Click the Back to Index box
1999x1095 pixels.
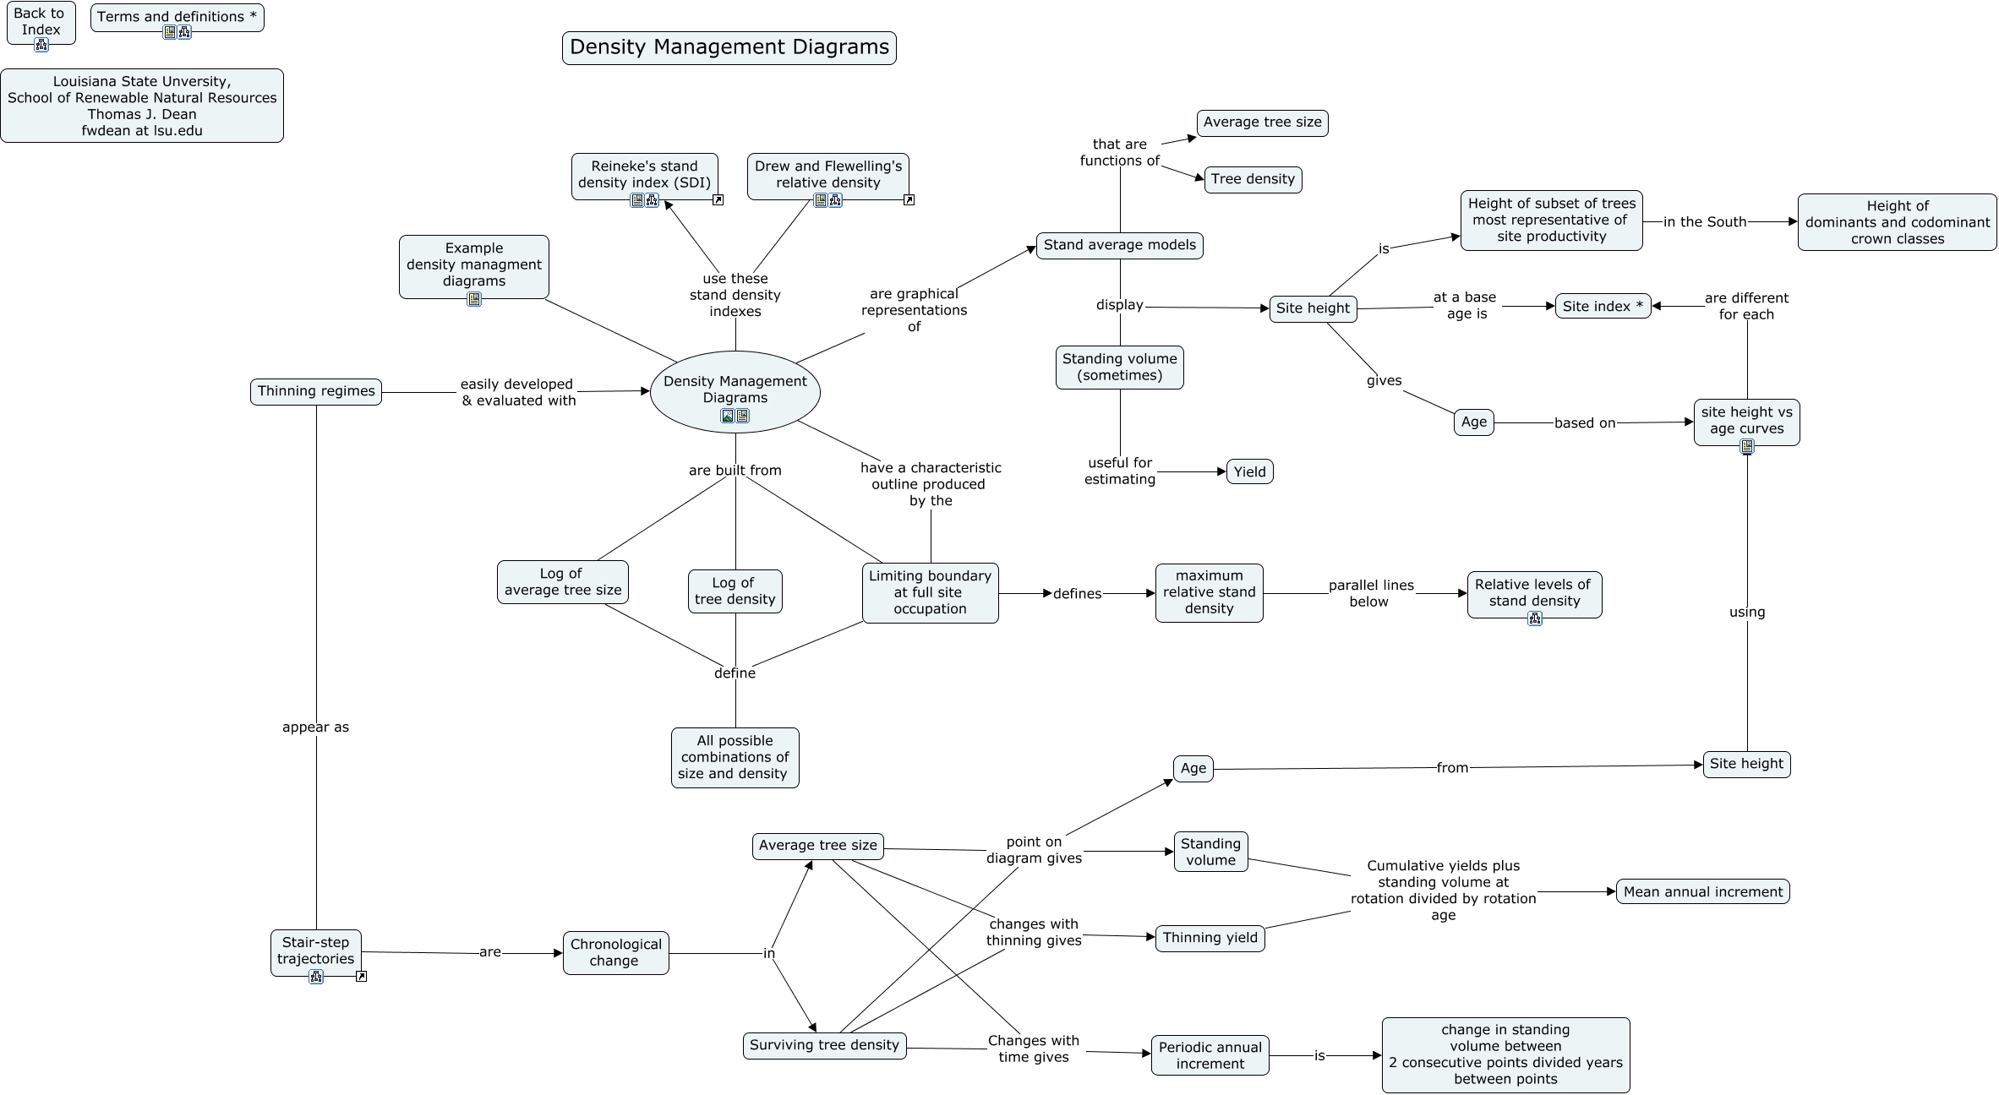(41, 21)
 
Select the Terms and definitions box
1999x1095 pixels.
(177, 16)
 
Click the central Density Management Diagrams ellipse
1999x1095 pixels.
(735, 390)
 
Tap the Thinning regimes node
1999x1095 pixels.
(316, 391)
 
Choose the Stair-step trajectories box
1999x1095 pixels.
(315, 951)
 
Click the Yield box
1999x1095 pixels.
(1249, 471)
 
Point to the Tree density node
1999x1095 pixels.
(1252, 179)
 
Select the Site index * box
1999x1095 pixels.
(1602, 306)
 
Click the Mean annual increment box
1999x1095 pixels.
(1702, 891)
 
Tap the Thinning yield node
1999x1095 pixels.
(1210, 937)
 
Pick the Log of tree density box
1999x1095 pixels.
(735, 591)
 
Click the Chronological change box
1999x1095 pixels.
(615, 952)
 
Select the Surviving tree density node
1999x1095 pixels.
(824, 1045)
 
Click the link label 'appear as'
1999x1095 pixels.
(315, 727)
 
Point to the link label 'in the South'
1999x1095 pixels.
(1704, 222)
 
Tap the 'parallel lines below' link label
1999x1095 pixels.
(1370, 593)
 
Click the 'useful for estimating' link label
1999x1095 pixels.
(1120, 471)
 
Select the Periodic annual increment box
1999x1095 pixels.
(1210, 1055)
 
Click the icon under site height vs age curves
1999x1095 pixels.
(1746, 446)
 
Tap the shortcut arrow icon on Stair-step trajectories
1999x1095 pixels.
(361, 976)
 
